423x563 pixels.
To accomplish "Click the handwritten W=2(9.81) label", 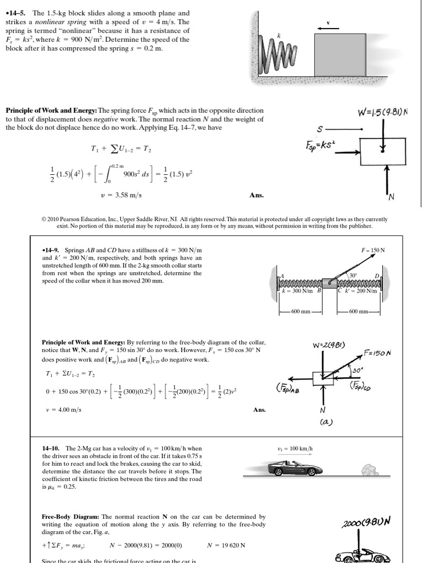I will coord(328,345).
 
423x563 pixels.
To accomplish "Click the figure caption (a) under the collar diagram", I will coord(324,422).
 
